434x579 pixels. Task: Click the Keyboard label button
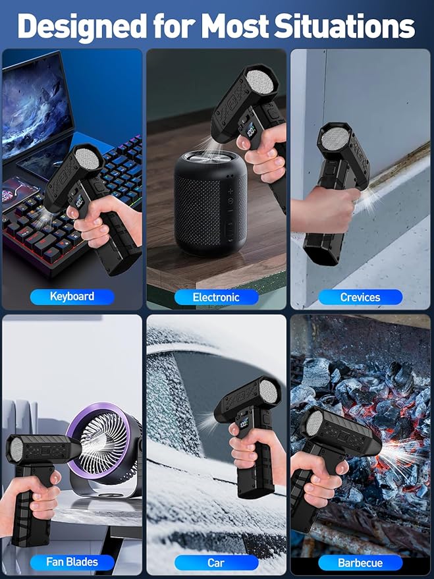point(72,296)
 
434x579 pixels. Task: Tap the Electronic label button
point(216,297)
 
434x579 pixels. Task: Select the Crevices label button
point(360,297)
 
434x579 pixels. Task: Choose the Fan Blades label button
point(72,562)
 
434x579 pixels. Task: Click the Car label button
point(216,563)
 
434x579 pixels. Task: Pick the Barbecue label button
point(360,563)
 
